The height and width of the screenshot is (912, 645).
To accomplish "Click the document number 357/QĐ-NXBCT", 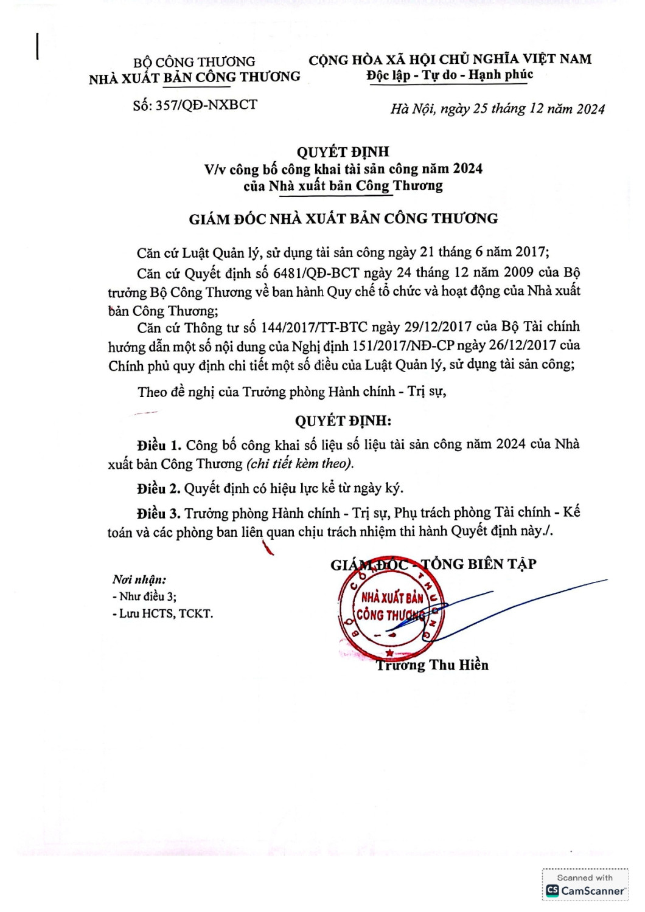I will point(206,105).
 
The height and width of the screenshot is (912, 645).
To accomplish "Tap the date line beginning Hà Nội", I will point(497,109).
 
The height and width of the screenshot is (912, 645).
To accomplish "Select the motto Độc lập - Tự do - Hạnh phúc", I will point(450,75).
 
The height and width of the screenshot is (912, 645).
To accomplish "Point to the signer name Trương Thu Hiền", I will point(433,665).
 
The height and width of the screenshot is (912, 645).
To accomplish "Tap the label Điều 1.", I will point(159,446).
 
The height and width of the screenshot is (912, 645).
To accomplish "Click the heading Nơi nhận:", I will point(139,580).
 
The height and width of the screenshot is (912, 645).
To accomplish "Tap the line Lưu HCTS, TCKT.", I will point(163,614).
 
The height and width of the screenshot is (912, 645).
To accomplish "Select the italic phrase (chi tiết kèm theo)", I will point(300,464).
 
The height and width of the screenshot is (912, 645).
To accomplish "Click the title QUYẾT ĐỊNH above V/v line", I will point(343,151).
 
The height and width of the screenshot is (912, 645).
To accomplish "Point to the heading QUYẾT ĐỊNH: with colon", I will point(343,421).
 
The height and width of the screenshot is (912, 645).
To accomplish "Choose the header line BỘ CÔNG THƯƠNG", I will point(194,62).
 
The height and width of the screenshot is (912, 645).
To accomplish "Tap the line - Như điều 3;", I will point(145,596).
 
